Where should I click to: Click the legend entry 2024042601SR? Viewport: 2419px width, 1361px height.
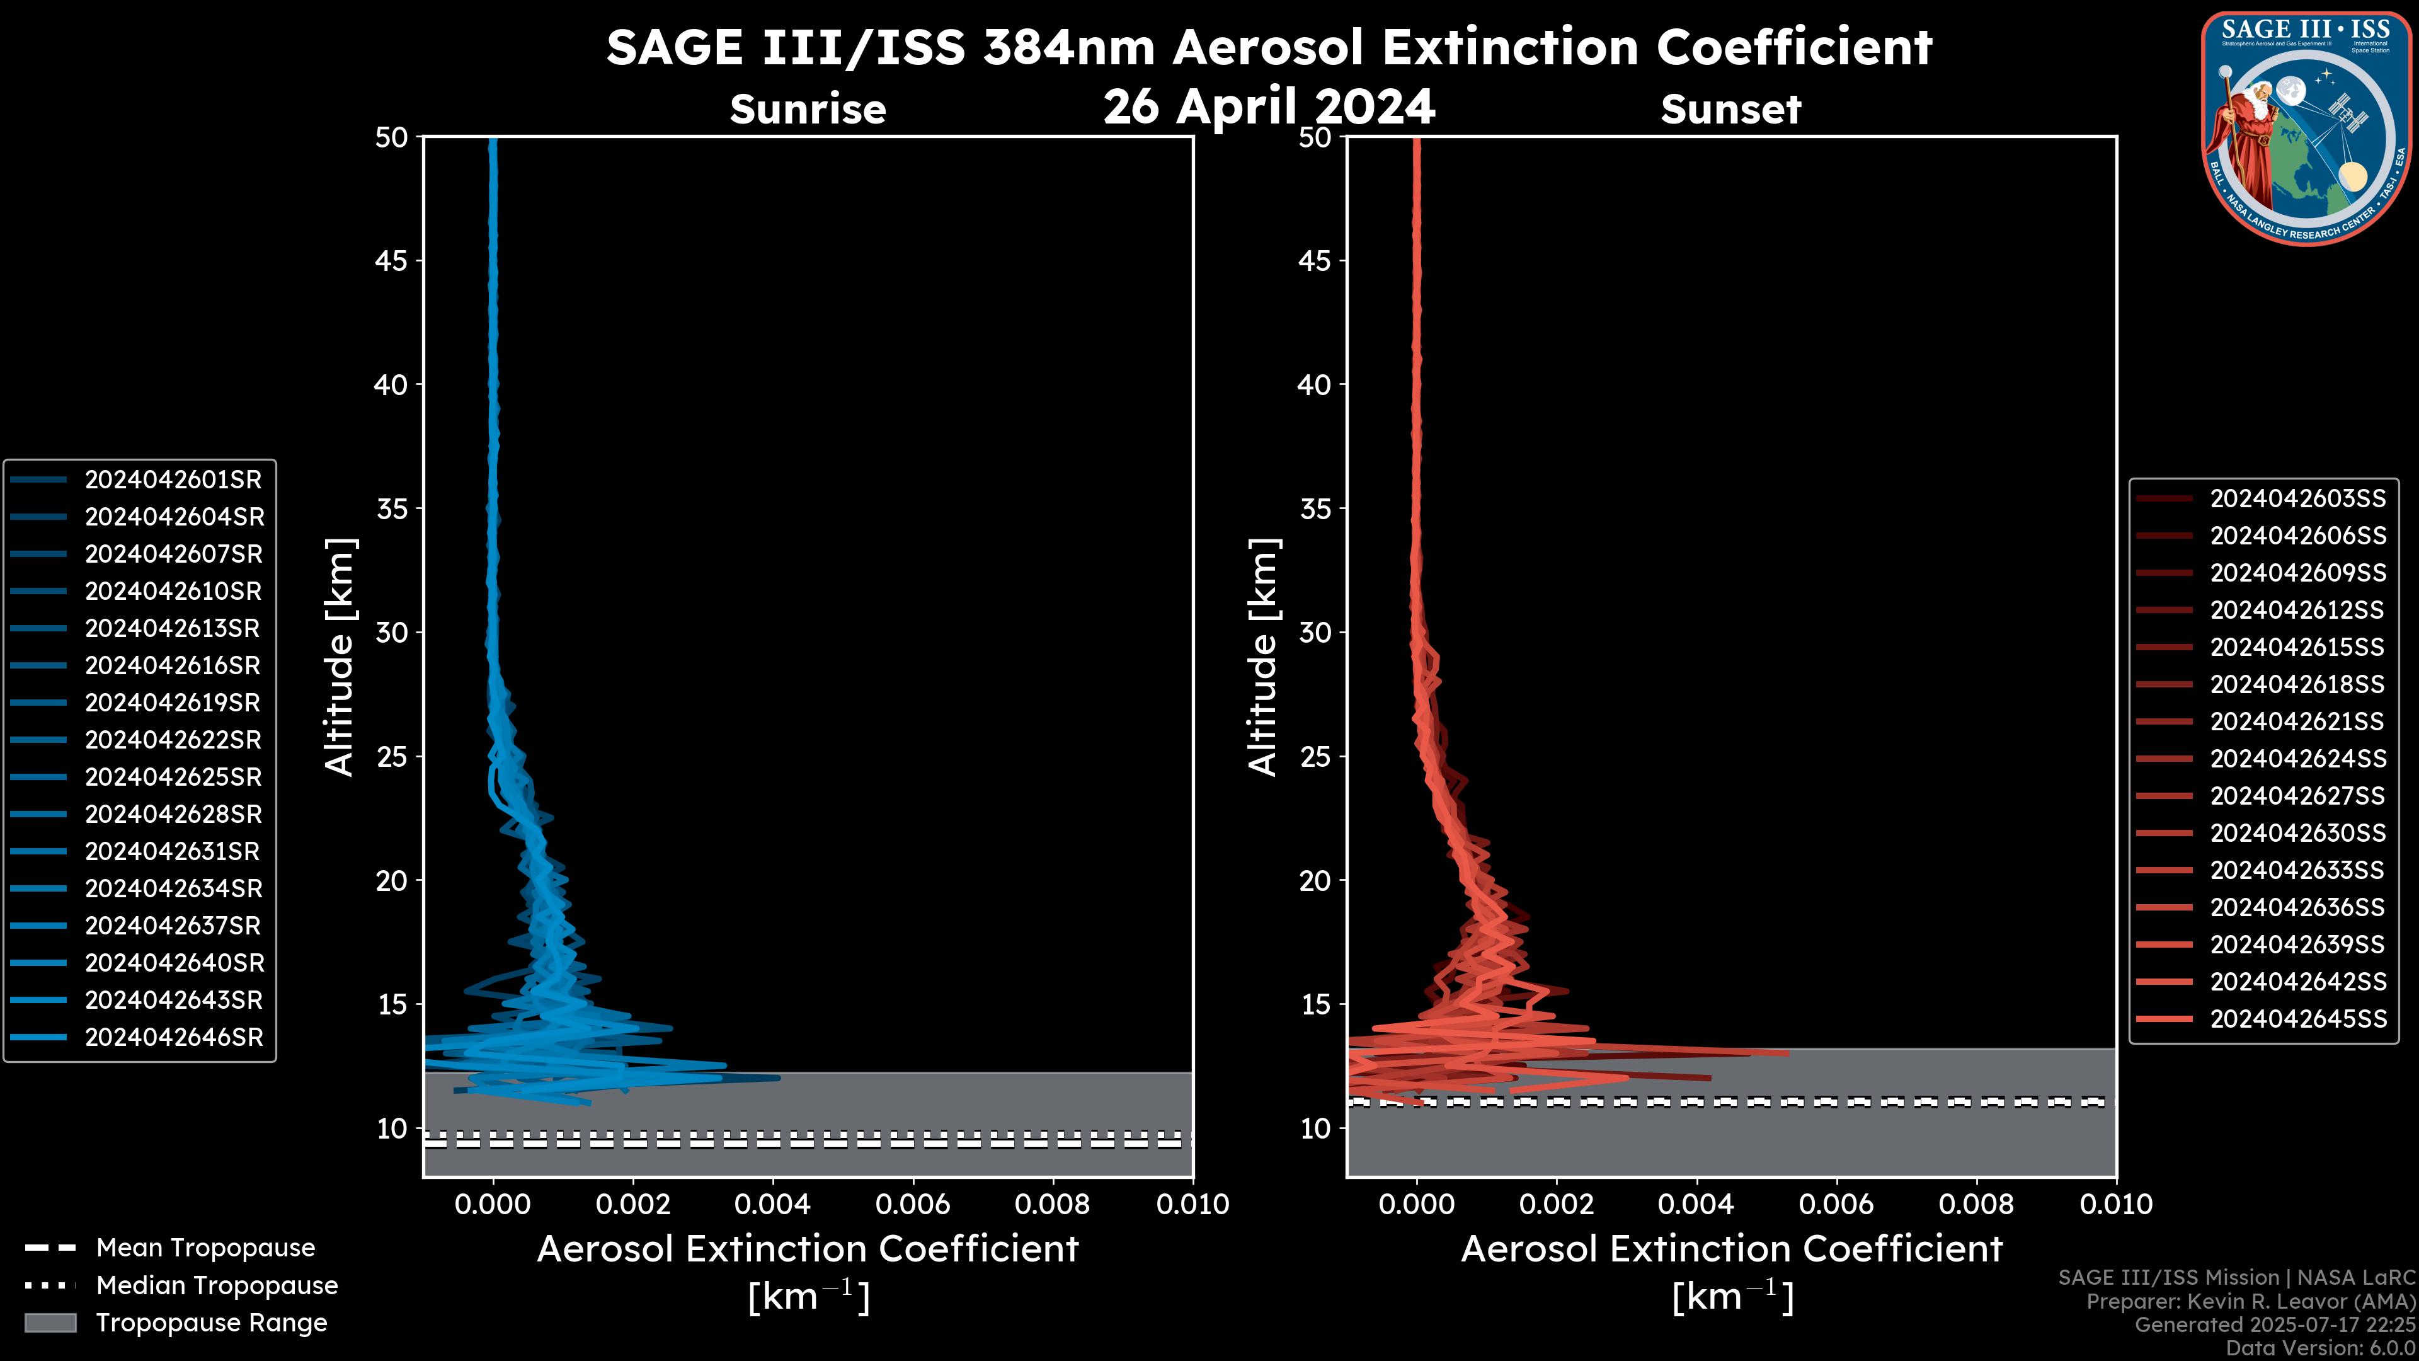(x=173, y=480)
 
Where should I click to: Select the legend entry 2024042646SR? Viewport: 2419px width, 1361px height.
(x=174, y=1038)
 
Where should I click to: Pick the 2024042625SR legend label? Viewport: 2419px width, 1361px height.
(x=173, y=778)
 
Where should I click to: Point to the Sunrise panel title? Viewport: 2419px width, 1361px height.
(x=808, y=110)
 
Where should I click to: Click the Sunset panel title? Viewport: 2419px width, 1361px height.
(x=1730, y=110)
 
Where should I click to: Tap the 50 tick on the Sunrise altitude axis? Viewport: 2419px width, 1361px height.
(x=392, y=138)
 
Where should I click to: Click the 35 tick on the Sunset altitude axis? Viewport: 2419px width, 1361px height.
(x=1315, y=509)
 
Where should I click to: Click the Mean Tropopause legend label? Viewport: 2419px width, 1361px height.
(x=205, y=1248)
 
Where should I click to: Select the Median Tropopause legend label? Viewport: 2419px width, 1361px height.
(x=217, y=1286)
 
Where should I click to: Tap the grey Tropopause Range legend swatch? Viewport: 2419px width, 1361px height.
(x=50, y=1323)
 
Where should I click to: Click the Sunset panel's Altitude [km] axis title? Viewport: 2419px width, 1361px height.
(x=1263, y=657)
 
